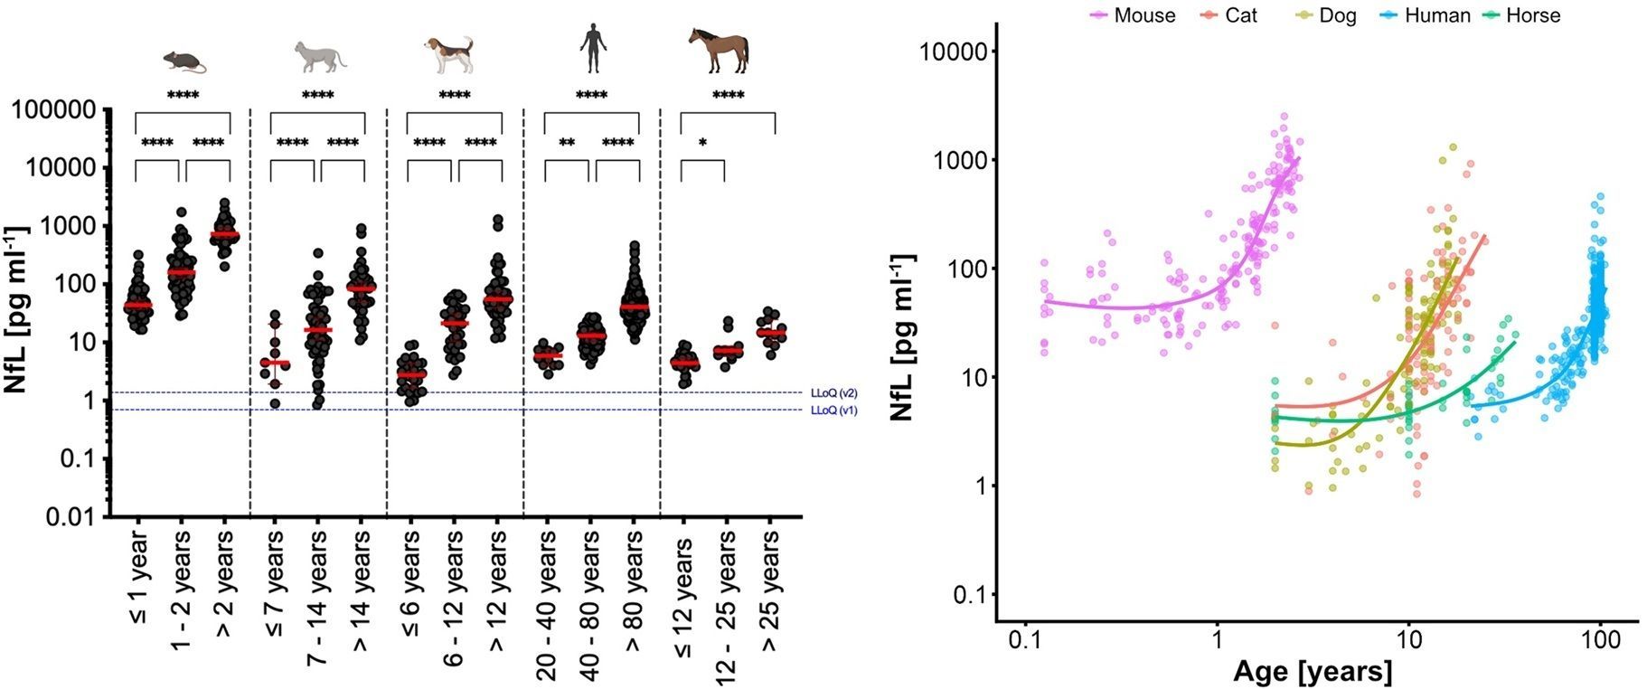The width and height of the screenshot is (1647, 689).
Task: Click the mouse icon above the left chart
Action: click(x=184, y=61)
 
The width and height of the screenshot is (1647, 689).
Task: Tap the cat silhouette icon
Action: click(x=320, y=56)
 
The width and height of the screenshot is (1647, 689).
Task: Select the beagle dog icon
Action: click(x=449, y=55)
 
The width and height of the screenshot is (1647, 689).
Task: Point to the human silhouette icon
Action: click(x=592, y=49)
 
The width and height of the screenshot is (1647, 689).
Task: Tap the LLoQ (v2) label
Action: click(x=833, y=393)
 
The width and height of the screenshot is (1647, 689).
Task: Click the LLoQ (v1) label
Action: click(x=833, y=411)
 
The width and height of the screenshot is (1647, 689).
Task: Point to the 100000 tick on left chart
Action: click(x=52, y=110)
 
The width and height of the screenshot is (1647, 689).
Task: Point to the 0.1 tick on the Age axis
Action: click(x=1025, y=641)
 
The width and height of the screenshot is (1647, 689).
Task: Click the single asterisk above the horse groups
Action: click(x=702, y=143)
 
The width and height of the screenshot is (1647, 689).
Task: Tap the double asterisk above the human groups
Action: click(x=567, y=143)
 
